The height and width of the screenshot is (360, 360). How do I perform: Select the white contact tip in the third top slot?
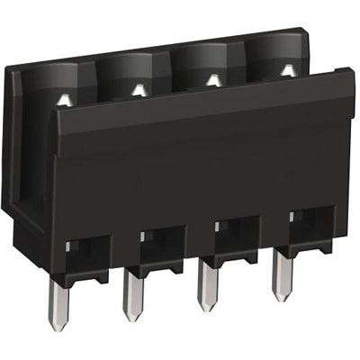(212, 80)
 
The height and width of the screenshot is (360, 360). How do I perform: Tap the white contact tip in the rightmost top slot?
(286, 69)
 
